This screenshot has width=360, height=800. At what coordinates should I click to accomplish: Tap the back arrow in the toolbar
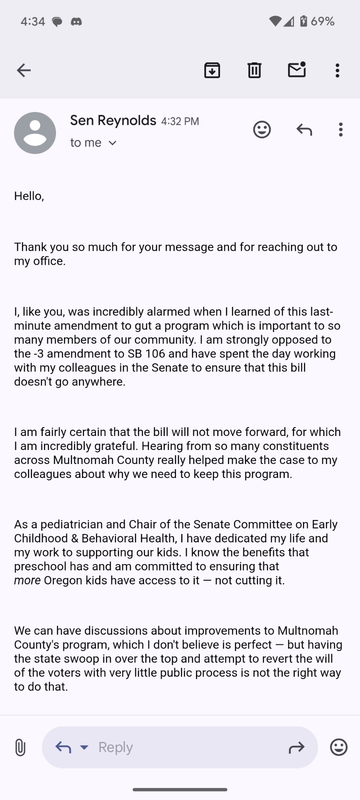(x=24, y=70)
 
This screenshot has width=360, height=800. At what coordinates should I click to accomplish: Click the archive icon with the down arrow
(x=212, y=70)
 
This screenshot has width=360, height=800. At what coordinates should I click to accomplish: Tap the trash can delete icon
(x=254, y=70)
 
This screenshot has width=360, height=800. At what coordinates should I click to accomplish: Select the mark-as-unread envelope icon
(x=297, y=70)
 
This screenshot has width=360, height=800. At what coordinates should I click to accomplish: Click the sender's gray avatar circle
(x=35, y=133)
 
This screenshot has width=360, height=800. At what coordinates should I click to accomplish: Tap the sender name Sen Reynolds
(x=113, y=120)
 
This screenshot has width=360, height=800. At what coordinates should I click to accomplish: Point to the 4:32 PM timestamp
(x=180, y=121)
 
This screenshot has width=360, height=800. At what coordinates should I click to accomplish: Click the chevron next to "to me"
(x=113, y=143)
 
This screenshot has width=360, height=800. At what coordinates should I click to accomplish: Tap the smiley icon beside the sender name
(x=262, y=130)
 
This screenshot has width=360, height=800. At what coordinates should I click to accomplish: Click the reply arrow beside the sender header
(x=304, y=130)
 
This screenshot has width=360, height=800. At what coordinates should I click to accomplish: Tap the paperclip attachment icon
(x=20, y=747)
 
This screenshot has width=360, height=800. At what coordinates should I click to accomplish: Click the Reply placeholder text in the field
(x=116, y=747)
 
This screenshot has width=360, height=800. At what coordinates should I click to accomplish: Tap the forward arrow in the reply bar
(x=296, y=747)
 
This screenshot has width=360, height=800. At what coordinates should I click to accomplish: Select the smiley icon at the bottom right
(x=338, y=747)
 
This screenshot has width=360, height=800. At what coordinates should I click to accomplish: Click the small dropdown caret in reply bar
(x=84, y=747)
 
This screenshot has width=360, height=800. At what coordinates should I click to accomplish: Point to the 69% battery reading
(x=322, y=21)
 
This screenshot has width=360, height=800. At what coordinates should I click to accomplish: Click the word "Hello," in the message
(x=29, y=196)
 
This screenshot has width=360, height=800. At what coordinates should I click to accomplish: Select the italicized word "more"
(x=27, y=580)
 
